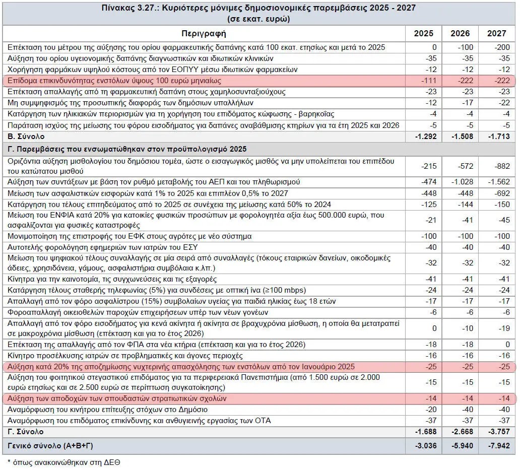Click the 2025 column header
click(x=423, y=33)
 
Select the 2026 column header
click(x=460, y=33)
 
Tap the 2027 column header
click(x=496, y=33)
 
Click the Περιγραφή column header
click(x=204, y=33)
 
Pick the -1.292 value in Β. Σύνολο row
click(x=426, y=137)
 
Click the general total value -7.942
click(x=499, y=446)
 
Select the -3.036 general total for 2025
click(x=426, y=446)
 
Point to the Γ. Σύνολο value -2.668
click(x=462, y=432)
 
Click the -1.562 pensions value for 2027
click(x=499, y=182)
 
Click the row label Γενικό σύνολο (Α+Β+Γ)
click(x=50, y=446)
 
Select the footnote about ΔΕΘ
click(x=64, y=462)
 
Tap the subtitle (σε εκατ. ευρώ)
click(x=258, y=19)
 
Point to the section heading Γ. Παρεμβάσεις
click(x=127, y=149)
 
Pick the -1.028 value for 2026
click(x=462, y=182)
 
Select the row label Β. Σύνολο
click(x=26, y=137)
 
